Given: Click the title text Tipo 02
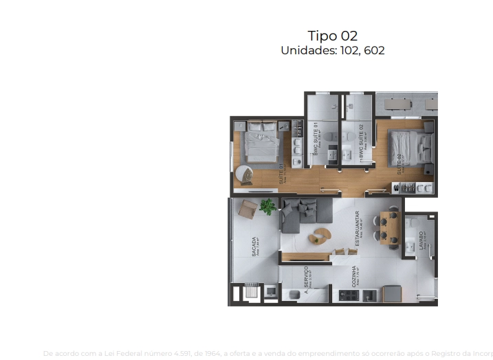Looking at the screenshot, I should (332, 36).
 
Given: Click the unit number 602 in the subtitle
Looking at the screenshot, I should (371, 51).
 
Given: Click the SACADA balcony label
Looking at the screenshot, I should (255, 247).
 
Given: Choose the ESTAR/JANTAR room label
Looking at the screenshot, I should (357, 228).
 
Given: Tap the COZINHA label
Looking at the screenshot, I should (354, 279).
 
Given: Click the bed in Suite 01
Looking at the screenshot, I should (261, 141).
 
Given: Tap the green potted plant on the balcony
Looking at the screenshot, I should (267, 205).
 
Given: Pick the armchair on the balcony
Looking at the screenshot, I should (246, 207).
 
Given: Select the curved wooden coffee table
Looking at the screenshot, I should (319, 234).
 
